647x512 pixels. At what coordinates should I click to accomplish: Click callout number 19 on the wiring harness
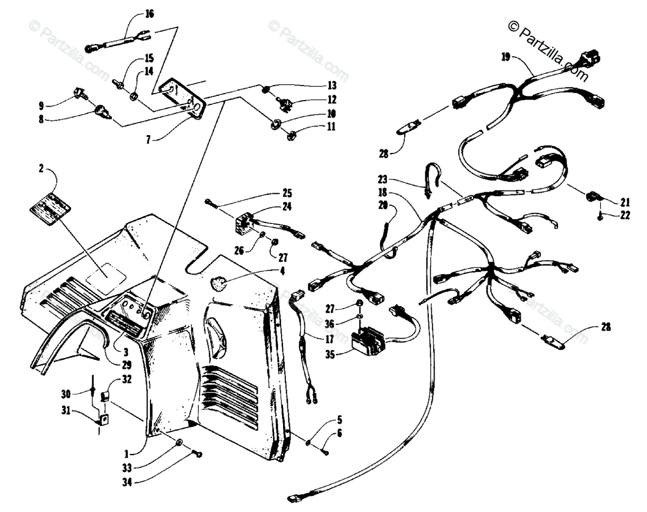(506, 57)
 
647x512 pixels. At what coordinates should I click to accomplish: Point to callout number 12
(331, 99)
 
